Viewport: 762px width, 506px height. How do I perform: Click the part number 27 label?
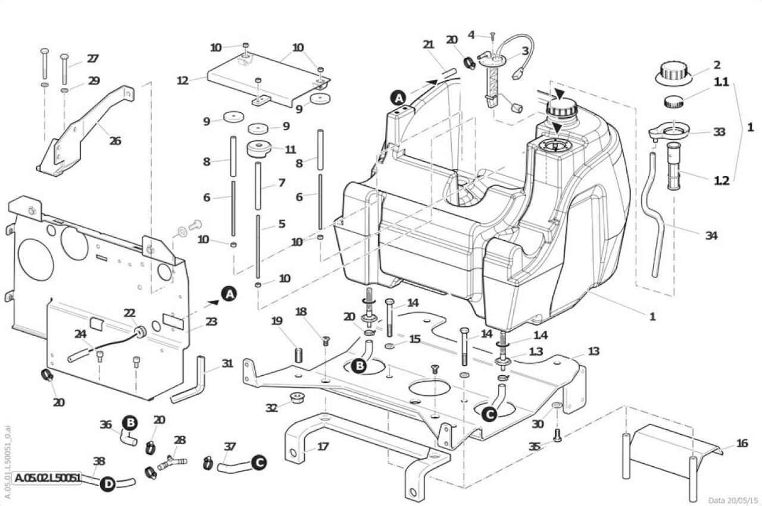click(92, 59)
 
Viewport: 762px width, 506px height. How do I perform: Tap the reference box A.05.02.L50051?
click(47, 478)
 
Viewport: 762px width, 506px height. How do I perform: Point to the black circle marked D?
click(108, 484)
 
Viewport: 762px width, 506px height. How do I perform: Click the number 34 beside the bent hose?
click(711, 235)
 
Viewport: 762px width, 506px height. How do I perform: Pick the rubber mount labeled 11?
click(258, 149)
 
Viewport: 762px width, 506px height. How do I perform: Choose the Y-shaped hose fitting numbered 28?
click(172, 463)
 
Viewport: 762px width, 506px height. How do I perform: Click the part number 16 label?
click(742, 443)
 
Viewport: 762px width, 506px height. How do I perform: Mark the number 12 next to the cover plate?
click(183, 81)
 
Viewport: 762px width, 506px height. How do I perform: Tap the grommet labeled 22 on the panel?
click(140, 332)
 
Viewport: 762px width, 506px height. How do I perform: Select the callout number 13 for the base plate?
click(594, 351)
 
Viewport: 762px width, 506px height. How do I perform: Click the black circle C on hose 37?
click(259, 463)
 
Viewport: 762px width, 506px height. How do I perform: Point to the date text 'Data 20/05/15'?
click(733, 500)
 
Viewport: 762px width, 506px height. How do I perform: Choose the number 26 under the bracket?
click(115, 140)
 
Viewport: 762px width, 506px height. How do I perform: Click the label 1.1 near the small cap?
click(721, 82)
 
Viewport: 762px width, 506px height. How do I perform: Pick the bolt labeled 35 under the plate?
click(557, 435)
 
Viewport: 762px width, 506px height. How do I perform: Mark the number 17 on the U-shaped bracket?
click(323, 446)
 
